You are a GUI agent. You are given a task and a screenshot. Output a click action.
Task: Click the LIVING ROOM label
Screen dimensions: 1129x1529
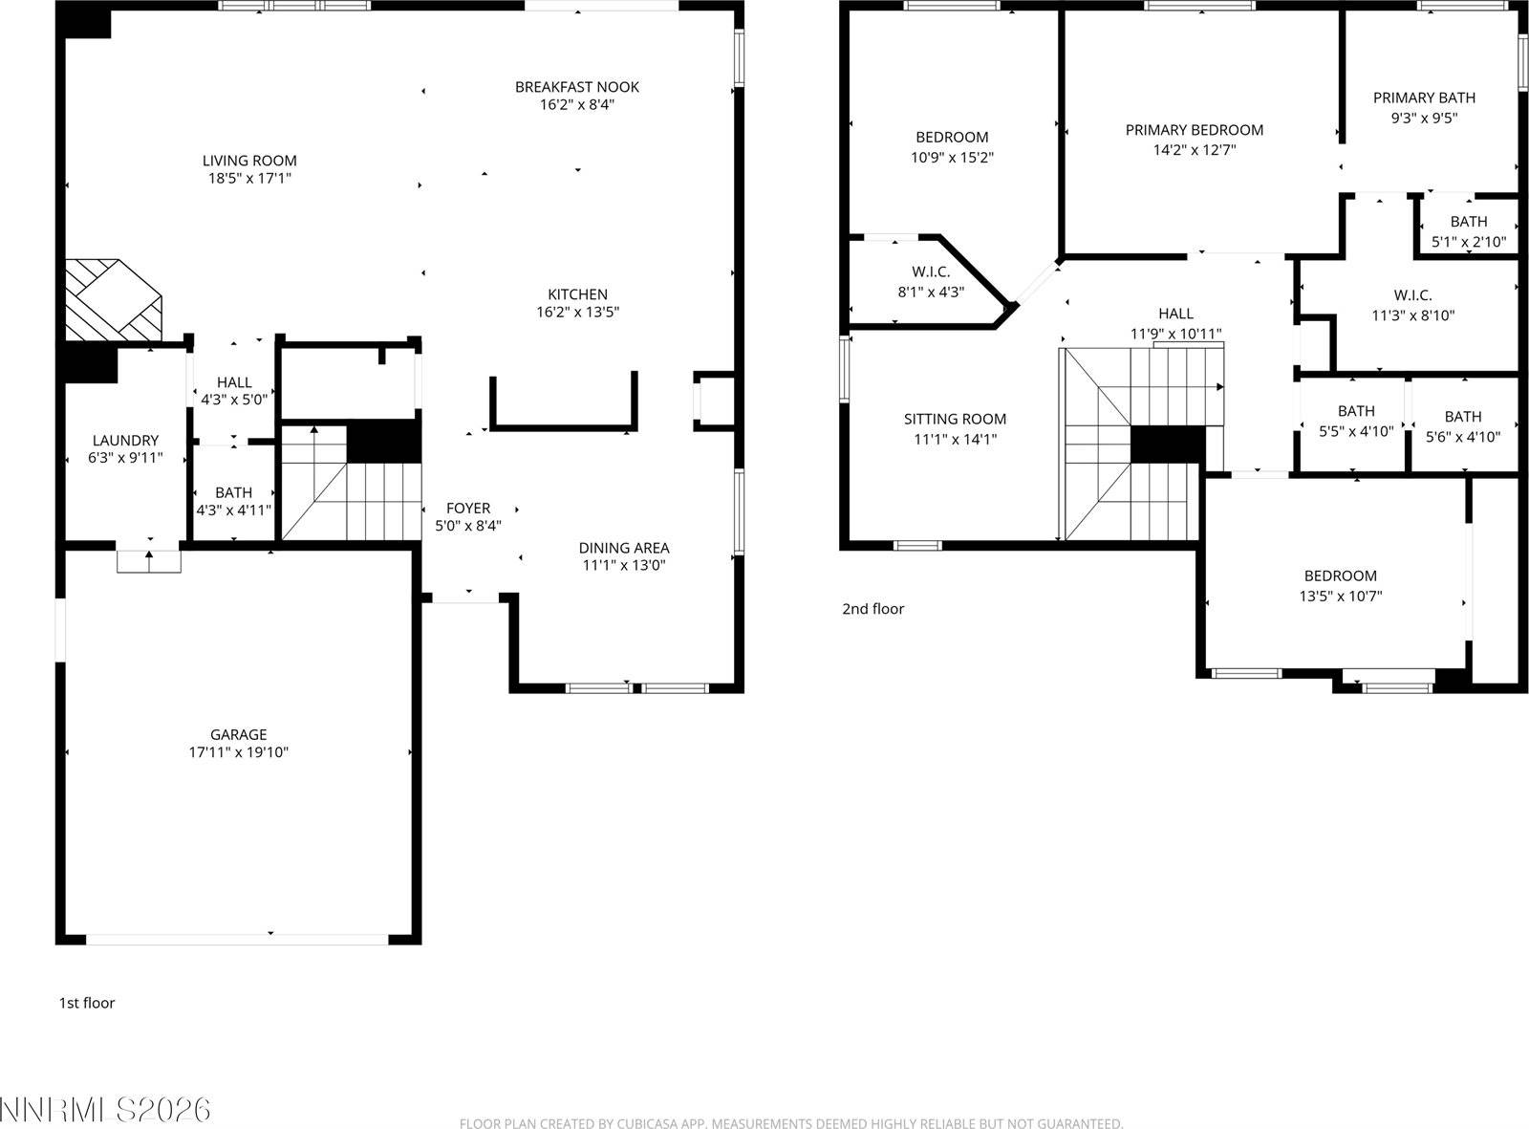[249, 161]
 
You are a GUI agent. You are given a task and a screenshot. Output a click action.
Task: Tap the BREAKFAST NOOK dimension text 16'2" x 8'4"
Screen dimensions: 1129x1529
[576, 105]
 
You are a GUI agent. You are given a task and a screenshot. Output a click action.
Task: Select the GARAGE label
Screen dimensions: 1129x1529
[238, 734]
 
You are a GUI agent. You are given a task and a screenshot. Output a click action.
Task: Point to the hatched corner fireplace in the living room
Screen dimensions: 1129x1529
[110, 298]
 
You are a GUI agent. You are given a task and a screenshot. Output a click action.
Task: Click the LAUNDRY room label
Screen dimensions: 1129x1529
[125, 441]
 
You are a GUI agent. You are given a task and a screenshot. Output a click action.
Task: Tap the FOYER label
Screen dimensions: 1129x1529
[468, 509]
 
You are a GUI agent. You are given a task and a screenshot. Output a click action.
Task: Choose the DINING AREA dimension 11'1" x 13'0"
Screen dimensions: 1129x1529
[623, 565]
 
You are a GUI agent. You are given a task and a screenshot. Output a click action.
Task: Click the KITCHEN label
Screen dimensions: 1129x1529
[577, 294]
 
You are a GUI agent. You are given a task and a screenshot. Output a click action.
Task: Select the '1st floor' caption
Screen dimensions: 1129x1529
[87, 1003]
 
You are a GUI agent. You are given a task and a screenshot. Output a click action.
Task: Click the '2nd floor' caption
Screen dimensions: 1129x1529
[872, 609]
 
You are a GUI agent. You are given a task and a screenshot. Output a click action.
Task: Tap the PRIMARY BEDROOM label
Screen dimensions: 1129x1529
[1194, 130]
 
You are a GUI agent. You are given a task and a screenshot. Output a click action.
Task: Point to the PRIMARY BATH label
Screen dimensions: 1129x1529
[1424, 98]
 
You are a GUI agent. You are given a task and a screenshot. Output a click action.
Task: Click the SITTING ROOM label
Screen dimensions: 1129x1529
[955, 419]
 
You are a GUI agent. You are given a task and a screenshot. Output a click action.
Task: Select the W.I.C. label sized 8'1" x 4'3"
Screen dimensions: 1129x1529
[931, 272]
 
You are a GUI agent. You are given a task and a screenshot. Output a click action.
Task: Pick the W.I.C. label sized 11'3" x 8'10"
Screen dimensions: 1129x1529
[1412, 295]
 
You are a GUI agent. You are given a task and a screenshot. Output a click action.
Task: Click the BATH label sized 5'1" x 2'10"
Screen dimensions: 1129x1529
[1468, 222]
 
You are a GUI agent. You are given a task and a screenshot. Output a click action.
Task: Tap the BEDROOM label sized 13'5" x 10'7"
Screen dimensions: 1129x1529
[1340, 575]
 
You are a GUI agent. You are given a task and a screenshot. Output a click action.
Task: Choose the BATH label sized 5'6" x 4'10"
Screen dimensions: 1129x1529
[1463, 417]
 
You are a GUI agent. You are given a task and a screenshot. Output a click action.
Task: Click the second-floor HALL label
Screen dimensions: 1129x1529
[1175, 314]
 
